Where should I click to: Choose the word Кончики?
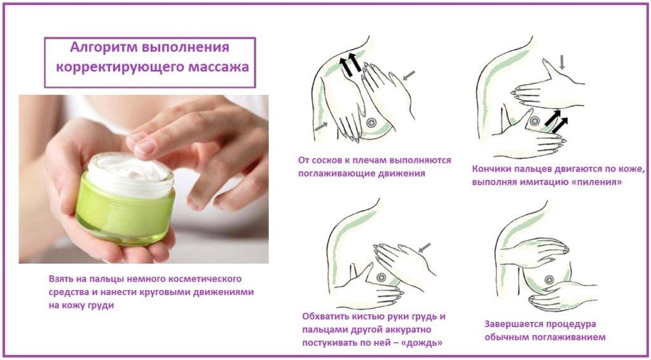click(x=491, y=169)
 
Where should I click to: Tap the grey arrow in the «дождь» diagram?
click(x=424, y=247)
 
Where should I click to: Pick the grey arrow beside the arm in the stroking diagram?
click(x=320, y=126)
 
